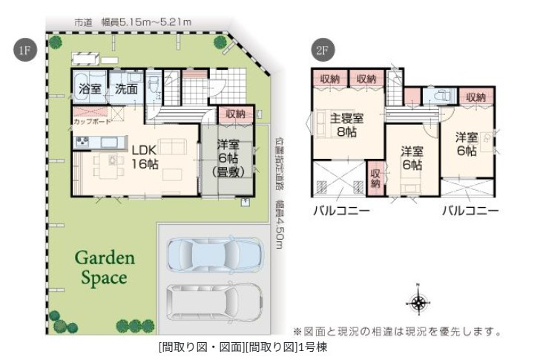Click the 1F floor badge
tap(24, 51)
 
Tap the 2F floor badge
tap(322, 51)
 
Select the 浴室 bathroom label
tap(90, 89)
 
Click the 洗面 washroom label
tap(125, 89)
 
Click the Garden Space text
tap(104, 268)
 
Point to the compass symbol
tap(419, 301)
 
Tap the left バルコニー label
tap(341, 211)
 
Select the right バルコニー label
tap(470, 211)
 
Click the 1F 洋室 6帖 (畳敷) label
tap(227, 158)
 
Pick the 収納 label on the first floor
tap(236, 114)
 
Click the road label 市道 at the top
tap(83, 22)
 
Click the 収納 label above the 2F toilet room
tap(475, 97)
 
